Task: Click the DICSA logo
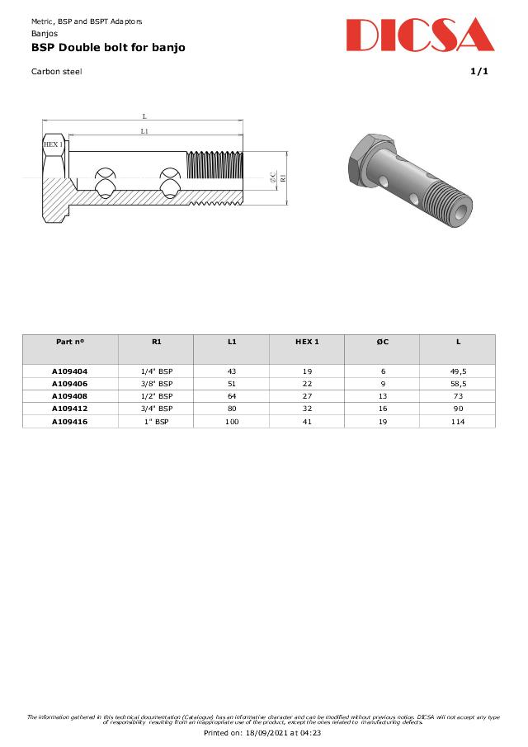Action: (420, 35)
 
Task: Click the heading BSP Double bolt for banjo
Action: (108, 48)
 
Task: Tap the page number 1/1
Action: (479, 71)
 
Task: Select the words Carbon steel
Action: (56, 71)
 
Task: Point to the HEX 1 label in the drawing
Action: (53, 144)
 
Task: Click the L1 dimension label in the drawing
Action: (144, 131)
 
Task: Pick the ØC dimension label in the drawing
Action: (273, 177)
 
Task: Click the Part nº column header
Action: (70, 342)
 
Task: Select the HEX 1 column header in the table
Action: (307, 342)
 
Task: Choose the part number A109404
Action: (70, 371)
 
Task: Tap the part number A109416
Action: (70, 422)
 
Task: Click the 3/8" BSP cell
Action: (157, 384)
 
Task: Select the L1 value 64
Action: (232, 396)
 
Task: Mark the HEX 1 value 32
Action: (307, 409)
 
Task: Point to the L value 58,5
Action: (458, 384)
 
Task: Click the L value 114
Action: (458, 422)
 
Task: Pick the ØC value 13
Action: (382, 396)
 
